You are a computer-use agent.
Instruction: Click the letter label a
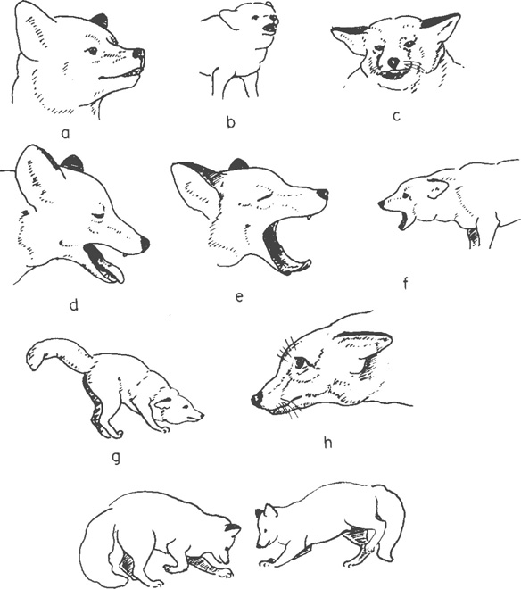[x=66, y=133]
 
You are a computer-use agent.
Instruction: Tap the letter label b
[x=231, y=121]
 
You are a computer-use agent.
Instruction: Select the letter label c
[x=396, y=116]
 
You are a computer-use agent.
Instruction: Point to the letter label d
[x=74, y=304]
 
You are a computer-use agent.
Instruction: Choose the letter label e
[x=239, y=297]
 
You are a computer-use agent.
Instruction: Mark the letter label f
[x=405, y=283]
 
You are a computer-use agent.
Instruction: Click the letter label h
[x=327, y=443]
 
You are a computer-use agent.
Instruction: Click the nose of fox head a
[x=139, y=53]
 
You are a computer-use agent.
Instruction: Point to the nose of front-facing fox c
[x=393, y=62]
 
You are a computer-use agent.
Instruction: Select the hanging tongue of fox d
[x=111, y=270]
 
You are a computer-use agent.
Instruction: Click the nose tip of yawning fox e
[x=323, y=195]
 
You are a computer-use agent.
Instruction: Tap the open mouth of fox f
[x=404, y=220]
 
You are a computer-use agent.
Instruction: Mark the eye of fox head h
[x=301, y=363]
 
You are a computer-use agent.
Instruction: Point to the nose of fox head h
[x=257, y=400]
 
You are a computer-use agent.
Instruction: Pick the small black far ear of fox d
[x=72, y=162]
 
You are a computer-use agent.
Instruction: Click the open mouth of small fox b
[x=269, y=29]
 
